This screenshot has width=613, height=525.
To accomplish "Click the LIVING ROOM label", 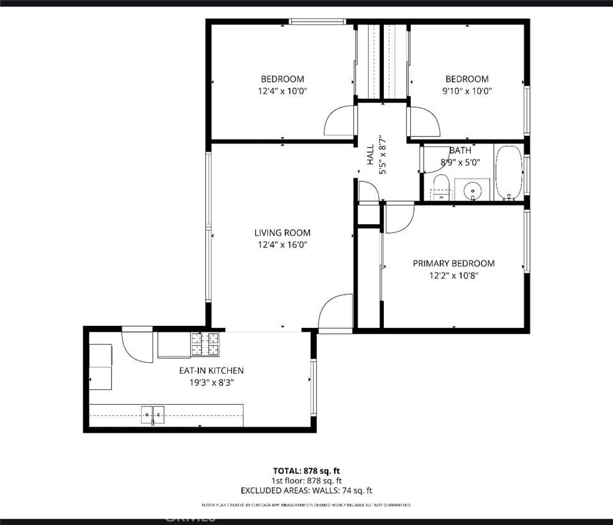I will pos(282,233).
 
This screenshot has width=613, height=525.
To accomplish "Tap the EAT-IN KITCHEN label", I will pos(211,371).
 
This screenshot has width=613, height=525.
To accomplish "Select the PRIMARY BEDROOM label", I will pos(453,263).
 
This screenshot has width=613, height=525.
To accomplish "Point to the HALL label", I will pos(370,155).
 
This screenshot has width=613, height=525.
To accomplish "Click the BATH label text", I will pos(460,150).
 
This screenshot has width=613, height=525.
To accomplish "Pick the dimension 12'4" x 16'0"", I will pos(282,245).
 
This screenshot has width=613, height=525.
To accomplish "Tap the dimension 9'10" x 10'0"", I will pos(466,91).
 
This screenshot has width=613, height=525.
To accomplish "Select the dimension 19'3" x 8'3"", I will pos(211,382).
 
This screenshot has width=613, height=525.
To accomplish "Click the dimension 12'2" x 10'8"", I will pos(453,275).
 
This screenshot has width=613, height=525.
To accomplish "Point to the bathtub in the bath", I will pos(509,173).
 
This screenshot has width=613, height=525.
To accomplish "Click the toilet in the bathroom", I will pos(441,186).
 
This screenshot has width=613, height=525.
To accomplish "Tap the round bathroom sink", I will pos(474,190).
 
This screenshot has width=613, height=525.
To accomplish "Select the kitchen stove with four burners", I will pos(205,344).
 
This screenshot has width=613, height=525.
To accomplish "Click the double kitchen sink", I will pos(152,415).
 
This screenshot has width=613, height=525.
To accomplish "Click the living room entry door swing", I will pos(335,312).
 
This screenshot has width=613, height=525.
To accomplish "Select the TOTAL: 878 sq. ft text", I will pos(306,471).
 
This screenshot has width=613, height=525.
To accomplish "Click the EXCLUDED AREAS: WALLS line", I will pos(306,491).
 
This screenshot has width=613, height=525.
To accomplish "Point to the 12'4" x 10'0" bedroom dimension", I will pos(282,91).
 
